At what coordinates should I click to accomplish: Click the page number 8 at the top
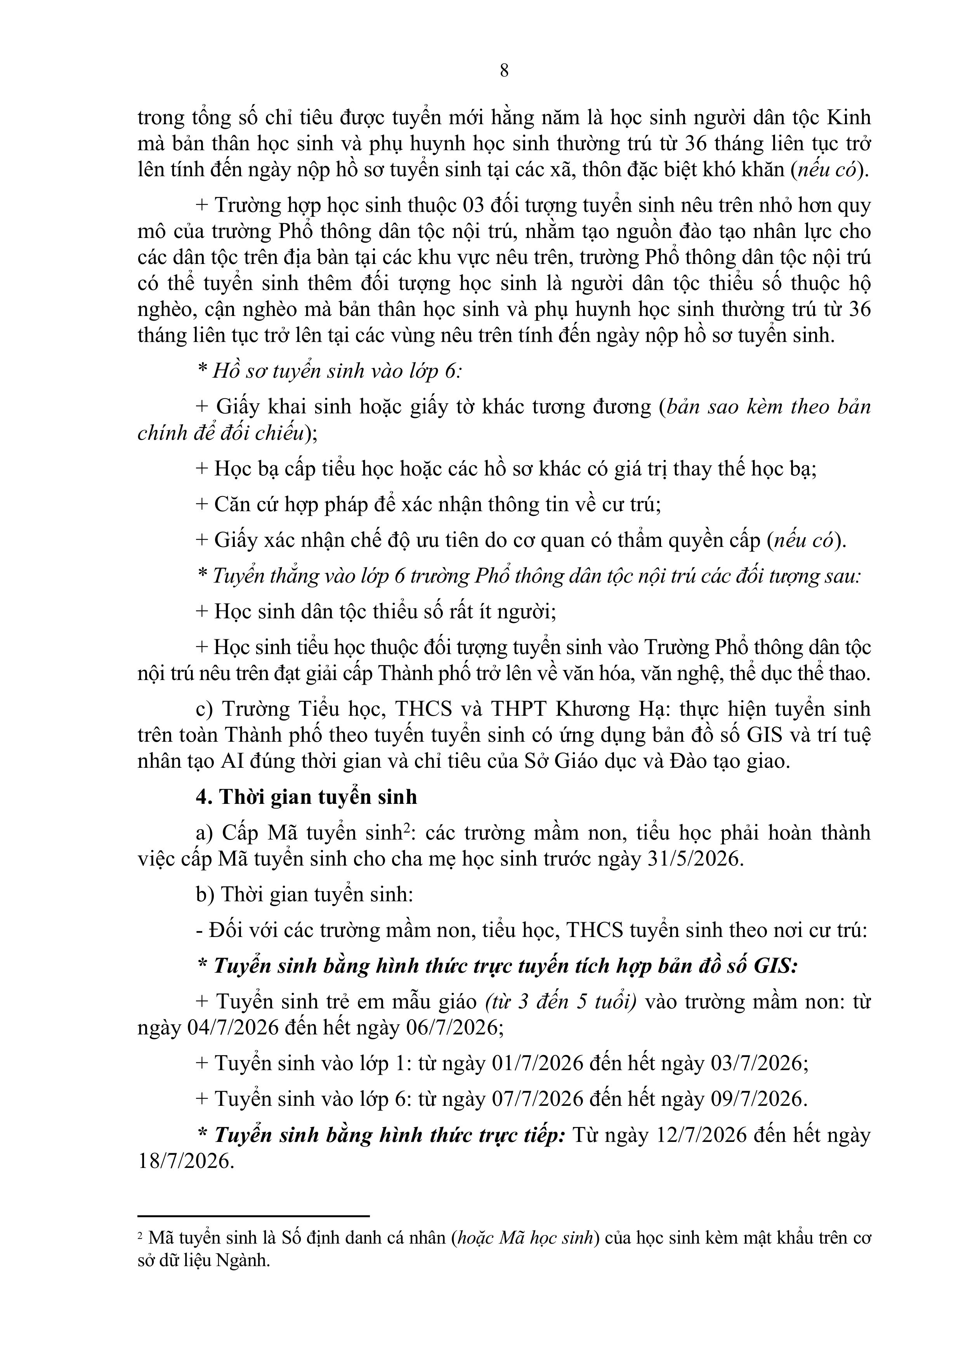point(504,71)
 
